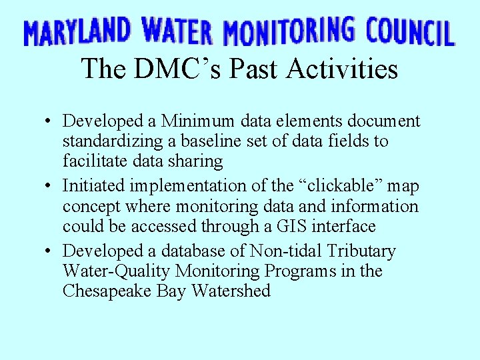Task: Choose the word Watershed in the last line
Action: click(231, 291)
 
